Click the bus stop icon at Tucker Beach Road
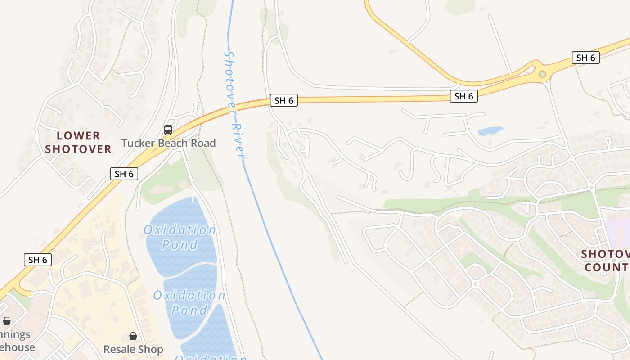point(168,130)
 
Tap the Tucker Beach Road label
point(168,143)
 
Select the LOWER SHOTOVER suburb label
point(78,142)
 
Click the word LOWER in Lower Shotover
point(78,135)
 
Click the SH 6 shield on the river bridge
point(284,100)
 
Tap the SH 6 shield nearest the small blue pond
point(463,96)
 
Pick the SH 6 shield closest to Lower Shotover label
point(124,174)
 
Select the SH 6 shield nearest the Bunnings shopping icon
point(38,260)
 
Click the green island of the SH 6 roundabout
point(542,74)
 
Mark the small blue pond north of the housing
point(490,131)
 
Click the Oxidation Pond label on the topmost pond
point(180,237)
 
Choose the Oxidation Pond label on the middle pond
point(189,302)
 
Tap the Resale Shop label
point(133,349)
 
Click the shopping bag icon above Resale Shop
point(133,336)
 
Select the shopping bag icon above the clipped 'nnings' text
point(7,321)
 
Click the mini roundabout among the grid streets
point(475,283)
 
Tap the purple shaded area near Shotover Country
point(617,229)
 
